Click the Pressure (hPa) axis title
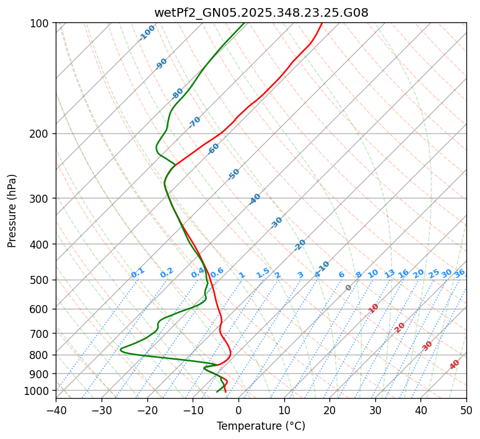12,211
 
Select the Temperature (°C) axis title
261,427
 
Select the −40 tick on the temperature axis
56,410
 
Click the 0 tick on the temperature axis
238,410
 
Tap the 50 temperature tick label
466,410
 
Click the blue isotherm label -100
147,33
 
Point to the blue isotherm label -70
194,122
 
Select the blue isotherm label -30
276,223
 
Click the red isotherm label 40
455,365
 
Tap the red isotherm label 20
399,327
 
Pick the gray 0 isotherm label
349,288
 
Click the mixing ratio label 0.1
137,273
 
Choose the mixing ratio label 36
460,273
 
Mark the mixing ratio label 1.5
263,273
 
